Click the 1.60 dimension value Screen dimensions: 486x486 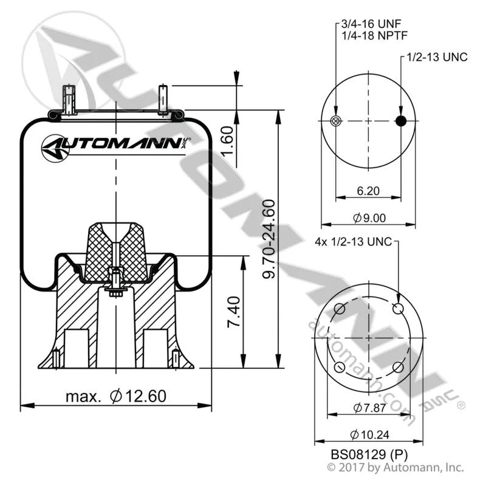tap(228, 141)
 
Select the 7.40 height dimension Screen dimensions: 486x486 tap(234, 312)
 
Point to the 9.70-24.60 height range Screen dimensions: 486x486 tap(269, 239)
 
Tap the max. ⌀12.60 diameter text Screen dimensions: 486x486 tap(116, 396)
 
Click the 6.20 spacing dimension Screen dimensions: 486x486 tap(368, 191)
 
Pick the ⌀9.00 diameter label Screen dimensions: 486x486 tap(369, 218)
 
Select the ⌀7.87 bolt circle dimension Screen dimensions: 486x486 tap(369, 408)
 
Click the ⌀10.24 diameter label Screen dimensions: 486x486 tap(369, 435)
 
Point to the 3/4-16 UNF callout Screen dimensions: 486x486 tap(371, 24)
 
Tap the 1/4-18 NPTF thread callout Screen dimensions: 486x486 tap(374, 36)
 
